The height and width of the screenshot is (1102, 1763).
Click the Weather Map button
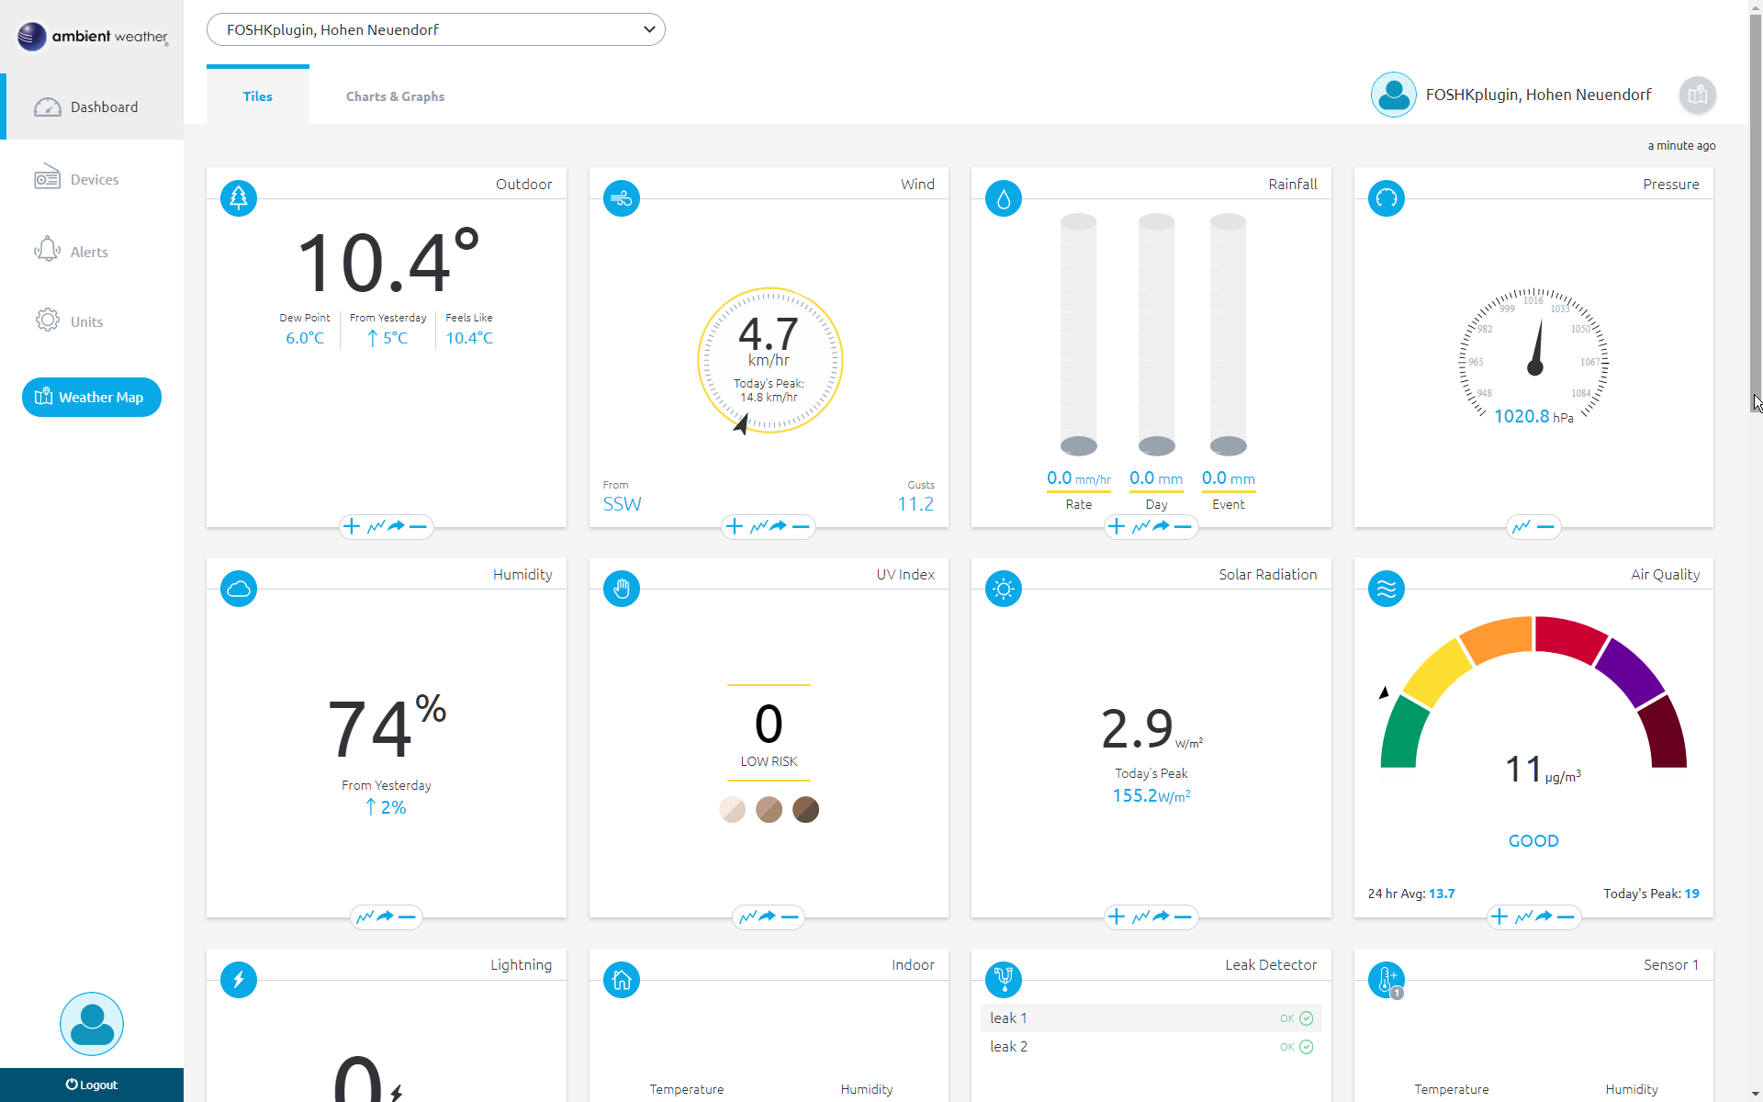92,397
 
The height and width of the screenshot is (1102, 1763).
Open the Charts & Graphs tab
395,96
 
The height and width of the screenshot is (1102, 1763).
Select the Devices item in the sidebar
94,179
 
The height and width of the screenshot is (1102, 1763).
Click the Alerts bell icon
47,250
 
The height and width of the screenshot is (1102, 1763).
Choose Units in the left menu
86,321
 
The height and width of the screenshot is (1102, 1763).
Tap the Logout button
92,1085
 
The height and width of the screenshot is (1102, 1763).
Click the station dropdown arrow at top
649,29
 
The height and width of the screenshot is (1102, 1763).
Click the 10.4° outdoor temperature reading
387,263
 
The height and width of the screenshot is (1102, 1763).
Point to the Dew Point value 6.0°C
305,338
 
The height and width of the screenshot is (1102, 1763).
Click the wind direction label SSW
622,504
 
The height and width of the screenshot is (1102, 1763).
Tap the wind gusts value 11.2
915,504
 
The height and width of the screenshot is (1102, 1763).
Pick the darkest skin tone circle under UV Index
805,809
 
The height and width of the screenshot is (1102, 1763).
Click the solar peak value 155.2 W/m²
1151,796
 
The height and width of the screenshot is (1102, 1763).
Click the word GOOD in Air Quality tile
1533,840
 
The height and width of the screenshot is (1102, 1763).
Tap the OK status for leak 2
1296,1047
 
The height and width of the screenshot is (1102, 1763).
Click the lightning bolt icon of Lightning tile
239,979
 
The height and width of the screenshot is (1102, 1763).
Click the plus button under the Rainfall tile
1116,526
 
